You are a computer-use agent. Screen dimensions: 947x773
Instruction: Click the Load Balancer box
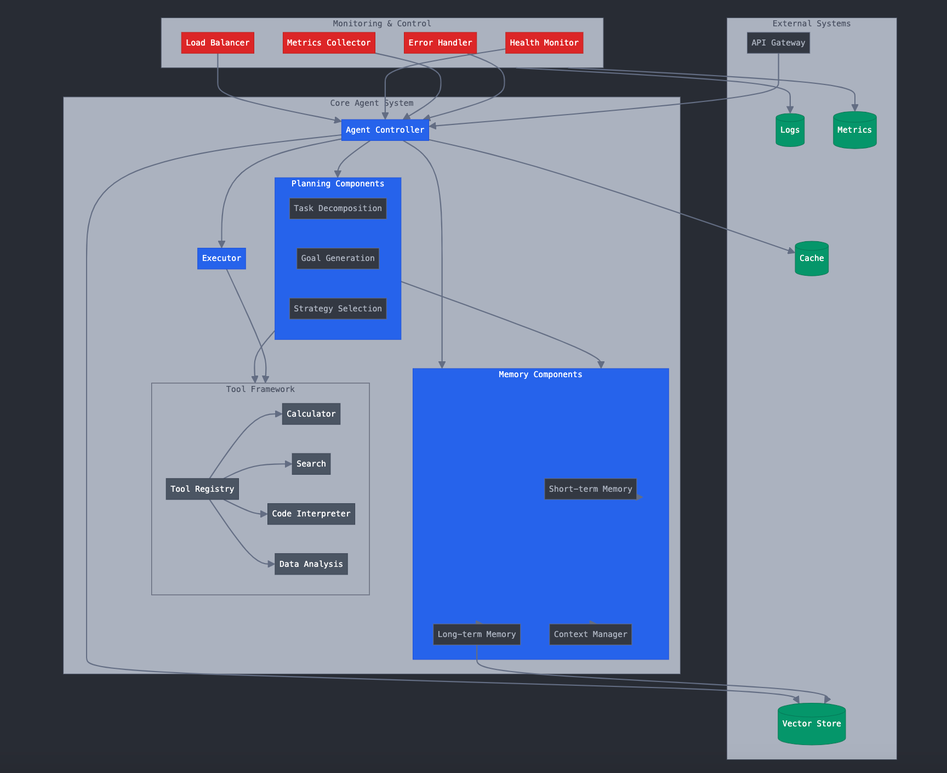pyautogui.click(x=218, y=43)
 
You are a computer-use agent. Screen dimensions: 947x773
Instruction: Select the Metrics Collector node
pyautogui.click(x=329, y=43)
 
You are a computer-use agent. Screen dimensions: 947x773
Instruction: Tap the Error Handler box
pyautogui.click(x=440, y=43)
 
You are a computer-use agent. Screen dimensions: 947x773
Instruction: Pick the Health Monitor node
pyautogui.click(x=544, y=43)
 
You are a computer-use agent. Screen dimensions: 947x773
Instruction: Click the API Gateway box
pyautogui.click(x=778, y=43)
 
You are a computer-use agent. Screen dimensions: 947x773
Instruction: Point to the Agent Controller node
pyautogui.click(x=385, y=130)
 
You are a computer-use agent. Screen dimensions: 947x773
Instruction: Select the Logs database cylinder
pyautogui.click(x=790, y=130)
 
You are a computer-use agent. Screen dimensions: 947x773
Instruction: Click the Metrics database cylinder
pyautogui.click(x=854, y=130)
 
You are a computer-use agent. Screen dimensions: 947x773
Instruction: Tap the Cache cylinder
pyautogui.click(x=812, y=258)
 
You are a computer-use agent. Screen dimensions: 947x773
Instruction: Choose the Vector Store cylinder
pyautogui.click(x=812, y=724)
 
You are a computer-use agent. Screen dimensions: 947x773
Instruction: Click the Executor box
pyautogui.click(x=221, y=258)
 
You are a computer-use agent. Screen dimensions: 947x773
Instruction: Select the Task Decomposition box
pyautogui.click(x=338, y=208)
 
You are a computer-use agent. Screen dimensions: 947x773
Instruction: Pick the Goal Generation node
pyautogui.click(x=338, y=258)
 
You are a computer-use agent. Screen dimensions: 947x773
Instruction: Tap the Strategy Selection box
pyautogui.click(x=338, y=309)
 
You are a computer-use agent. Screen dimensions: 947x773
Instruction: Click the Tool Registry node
pyautogui.click(x=202, y=489)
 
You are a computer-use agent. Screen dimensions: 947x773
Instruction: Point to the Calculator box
pyautogui.click(x=311, y=414)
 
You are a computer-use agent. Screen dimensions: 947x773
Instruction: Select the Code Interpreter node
pyautogui.click(x=311, y=514)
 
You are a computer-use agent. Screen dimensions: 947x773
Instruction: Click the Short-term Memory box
pyautogui.click(x=590, y=489)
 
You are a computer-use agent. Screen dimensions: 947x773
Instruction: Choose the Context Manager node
pyautogui.click(x=590, y=634)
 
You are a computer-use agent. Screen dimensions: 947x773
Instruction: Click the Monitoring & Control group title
pyautogui.click(x=382, y=24)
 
